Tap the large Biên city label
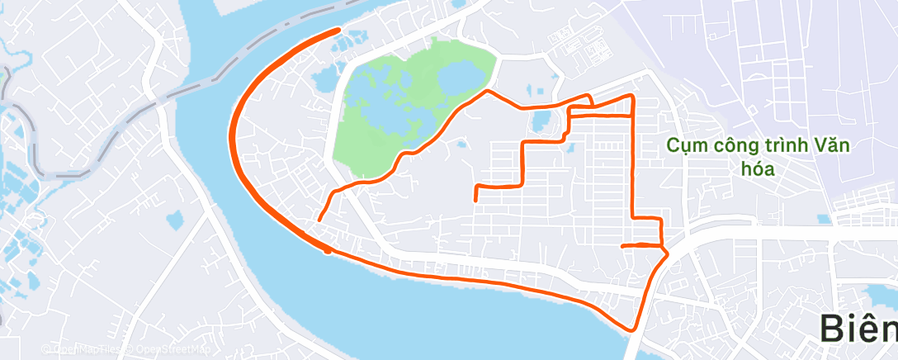[858, 328]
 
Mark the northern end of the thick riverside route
[338, 31]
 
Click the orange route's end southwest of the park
[319, 219]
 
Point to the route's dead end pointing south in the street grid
[476, 200]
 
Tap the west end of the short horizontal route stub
[622, 245]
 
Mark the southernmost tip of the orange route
[633, 329]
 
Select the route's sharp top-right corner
[632, 97]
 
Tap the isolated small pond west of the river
[174, 220]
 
